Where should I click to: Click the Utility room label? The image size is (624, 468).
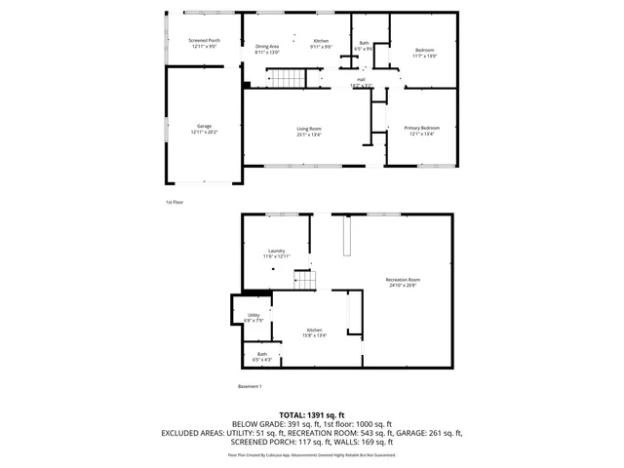coord(253,316)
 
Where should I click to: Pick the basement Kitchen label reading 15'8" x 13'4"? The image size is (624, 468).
coord(314,331)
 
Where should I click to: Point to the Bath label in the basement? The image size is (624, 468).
coord(261,355)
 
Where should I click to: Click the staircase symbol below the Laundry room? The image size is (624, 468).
coord(306,281)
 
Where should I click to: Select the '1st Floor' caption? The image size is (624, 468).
coord(174,202)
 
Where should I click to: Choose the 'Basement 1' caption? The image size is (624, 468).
coord(250,387)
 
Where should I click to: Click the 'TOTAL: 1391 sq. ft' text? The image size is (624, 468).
coord(312,415)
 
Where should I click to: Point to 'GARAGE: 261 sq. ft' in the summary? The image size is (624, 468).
coord(430,433)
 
